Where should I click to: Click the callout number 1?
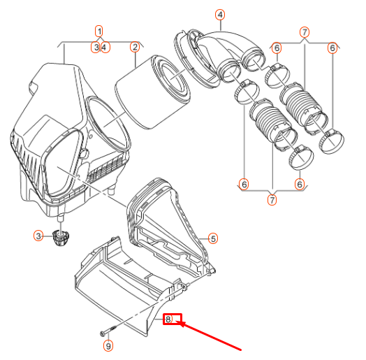pyautogui.click(x=99, y=31)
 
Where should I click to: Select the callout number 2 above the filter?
pyautogui.click(x=134, y=47)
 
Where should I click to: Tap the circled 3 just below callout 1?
pyautogui.click(x=96, y=47)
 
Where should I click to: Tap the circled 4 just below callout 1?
pyautogui.click(x=103, y=47)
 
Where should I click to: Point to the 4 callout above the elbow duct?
pyautogui.click(x=220, y=15)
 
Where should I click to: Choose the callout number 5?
pyautogui.click(x=213, y=238)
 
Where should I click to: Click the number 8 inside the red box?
pyautogui.click(x=168, y=319)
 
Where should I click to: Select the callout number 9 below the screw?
pyautogui.click(x=108, y=345)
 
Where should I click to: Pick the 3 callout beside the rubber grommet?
pyautogui.click(x=39, y=236)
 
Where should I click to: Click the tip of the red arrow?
pyautogui.click(x=180, y=322)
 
